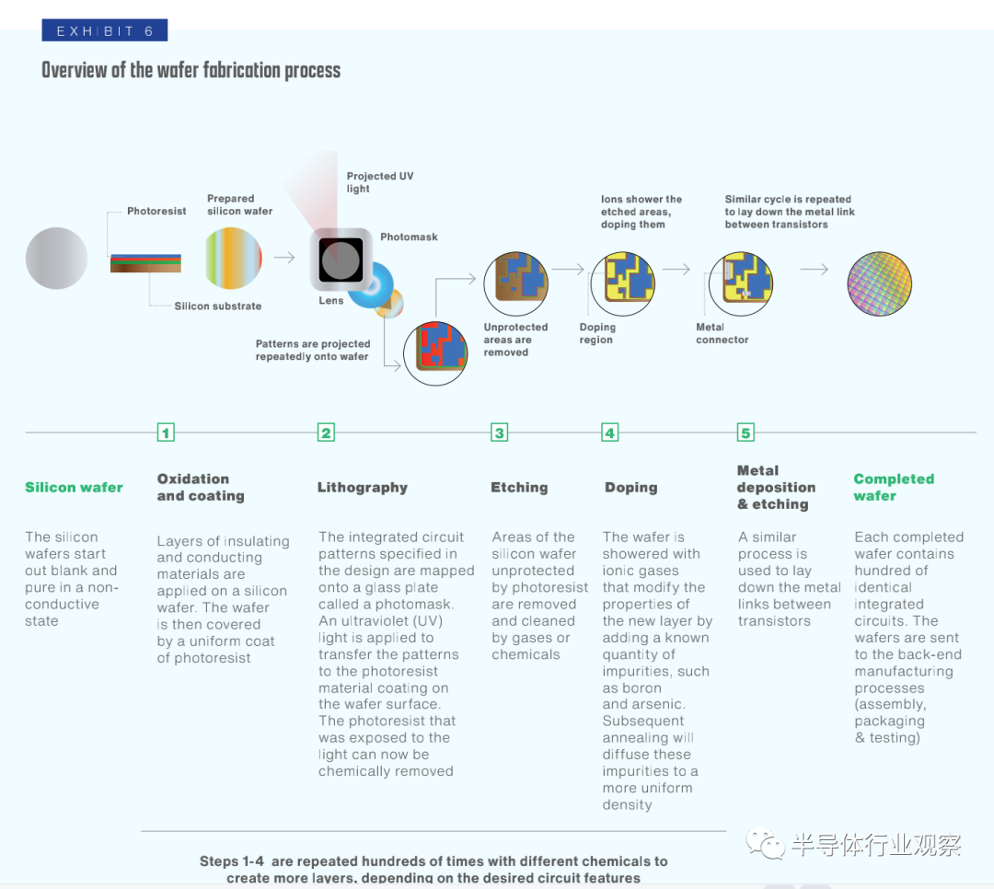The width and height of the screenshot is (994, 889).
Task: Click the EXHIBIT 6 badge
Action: (x=105, y=30)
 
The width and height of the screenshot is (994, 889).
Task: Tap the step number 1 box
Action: (x=166, y=433)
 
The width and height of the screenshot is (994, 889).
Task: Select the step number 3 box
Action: (x=500, y=433)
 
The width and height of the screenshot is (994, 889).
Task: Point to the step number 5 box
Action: (x=745, y=433)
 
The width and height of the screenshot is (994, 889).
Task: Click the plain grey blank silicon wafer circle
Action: (x=56, y=258)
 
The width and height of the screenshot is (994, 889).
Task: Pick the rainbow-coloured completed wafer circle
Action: (x=879, y=283)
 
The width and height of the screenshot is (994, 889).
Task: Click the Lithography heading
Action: (x=363, y=487)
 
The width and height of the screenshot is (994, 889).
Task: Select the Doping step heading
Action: (x=630, y=487)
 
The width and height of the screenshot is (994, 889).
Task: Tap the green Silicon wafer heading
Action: (x=75, y=487)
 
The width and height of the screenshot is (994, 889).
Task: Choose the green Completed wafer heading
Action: (x=894, y=487)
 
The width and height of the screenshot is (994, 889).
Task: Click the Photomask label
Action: (x=409, y=237)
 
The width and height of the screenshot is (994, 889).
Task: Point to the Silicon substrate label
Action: (x=218, y=306)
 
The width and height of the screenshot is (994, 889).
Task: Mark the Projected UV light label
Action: (x=380, y=182)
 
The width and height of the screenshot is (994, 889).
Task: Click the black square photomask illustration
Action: (x=341, y=260)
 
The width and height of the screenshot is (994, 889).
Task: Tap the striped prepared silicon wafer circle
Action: (x=233, y=259)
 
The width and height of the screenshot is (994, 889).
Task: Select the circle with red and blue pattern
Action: (x=435, y=353)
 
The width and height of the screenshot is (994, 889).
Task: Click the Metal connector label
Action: (x=722, y=333)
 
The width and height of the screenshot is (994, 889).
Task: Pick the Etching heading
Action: (x=519, y=487)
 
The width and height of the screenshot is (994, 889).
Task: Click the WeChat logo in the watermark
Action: (x=765, y=844)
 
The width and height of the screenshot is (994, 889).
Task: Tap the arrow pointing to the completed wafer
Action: (x=814, y=269)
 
